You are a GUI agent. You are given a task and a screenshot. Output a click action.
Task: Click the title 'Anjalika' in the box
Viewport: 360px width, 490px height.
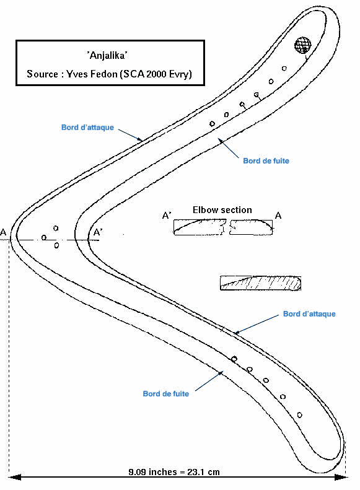click(x=107, y=56)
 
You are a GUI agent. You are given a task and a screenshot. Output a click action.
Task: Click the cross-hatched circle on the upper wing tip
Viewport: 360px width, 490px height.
click(x=303, y=45)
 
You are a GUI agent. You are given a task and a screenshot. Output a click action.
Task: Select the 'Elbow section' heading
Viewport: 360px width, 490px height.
click(x=222, y=209)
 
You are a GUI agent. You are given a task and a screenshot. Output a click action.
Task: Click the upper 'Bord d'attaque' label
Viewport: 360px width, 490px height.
click(x=87, y=127)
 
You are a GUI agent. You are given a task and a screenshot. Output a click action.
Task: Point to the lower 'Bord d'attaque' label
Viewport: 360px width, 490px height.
click(x=309, y=313)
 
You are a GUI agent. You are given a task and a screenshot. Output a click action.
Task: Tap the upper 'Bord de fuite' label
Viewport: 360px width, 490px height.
click(x=266, y=160)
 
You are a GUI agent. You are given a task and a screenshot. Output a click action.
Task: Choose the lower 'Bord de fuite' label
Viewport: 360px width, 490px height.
click(x=166, y=393)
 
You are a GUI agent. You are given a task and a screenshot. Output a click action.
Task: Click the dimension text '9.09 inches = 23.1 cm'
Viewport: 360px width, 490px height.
click(x=174, y=471)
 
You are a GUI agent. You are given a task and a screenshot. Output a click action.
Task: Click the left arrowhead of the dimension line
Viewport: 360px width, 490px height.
click(x=14, y=477)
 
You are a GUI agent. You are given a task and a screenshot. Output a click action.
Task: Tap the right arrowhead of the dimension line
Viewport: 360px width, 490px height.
click(x=341, y=477)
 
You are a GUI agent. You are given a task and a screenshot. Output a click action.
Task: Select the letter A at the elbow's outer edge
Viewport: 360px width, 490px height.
click(x=3, y=232)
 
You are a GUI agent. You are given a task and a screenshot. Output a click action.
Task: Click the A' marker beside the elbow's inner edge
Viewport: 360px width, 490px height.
click(x=98, y=232)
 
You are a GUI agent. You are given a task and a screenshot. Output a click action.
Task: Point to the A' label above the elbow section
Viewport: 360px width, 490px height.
click(x=167, y=216)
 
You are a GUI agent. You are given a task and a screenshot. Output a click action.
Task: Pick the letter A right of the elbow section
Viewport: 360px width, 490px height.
click(x=278, y=216)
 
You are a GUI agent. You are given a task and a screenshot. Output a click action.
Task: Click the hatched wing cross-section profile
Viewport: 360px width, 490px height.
click(x=261, y=283)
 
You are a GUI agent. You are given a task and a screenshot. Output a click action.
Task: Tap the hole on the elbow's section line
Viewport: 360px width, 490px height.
click(x=44, y=238)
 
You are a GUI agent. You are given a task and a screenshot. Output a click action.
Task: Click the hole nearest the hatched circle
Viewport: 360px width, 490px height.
click(x=284, y=68)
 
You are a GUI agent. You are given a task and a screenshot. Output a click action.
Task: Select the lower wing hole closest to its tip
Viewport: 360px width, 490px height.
click(x=300, y=415)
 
